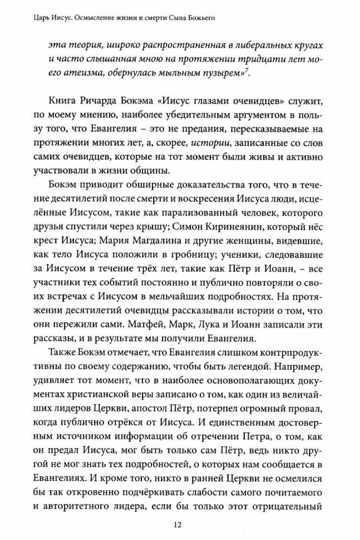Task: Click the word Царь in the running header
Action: click(27, 19)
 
